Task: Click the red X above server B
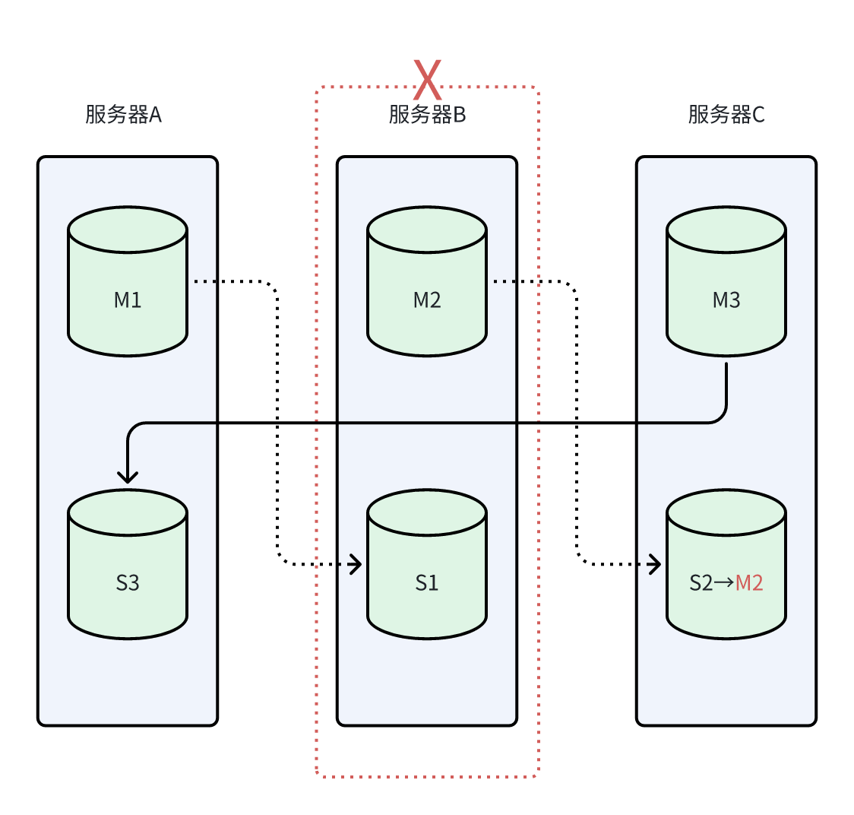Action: click(427, 80)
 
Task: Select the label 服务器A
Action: click(124, 115)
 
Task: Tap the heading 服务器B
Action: click(427, 115)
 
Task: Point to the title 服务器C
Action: click(726, 115)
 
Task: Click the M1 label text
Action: click(128, 300)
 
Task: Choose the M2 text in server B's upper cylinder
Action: click(427, 300)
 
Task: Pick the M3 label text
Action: click(726, 300)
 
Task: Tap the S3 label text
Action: click(128, 583)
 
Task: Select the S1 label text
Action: click(427, 583)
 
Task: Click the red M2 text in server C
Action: click(750, 583)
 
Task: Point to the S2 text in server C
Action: click(701, 583)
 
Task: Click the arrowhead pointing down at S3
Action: click(128, 477)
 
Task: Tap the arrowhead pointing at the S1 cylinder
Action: click(356, 564)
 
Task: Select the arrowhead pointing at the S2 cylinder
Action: click(655, 564)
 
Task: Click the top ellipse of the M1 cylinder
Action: click(128, 230)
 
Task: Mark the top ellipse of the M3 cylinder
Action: click(726, 230)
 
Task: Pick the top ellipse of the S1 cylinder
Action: click(427, 512)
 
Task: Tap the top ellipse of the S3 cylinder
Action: click(128, 512)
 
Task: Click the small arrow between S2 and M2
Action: click(724, 583)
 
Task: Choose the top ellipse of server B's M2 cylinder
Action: click(427, 230)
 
